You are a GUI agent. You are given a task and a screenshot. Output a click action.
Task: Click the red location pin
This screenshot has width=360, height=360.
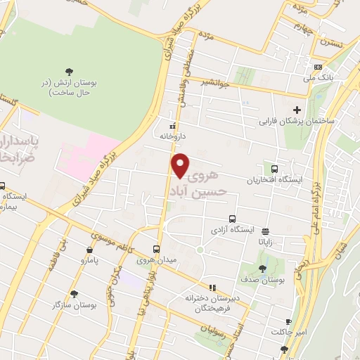pos(181,165)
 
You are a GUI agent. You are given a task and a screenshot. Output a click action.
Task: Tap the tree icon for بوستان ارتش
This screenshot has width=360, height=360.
pos(69,71)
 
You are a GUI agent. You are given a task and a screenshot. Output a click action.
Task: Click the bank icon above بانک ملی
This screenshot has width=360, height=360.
pos(319,67)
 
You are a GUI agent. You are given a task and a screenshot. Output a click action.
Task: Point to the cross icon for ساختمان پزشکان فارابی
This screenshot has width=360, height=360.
pos(297,109)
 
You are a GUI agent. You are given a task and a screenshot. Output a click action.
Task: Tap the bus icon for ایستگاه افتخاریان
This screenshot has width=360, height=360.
pos(274,169)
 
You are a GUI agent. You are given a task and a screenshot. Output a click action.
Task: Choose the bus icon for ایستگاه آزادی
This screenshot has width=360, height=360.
pos(232,219)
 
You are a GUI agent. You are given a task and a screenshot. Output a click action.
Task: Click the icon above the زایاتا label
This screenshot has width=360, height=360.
pos(265,231)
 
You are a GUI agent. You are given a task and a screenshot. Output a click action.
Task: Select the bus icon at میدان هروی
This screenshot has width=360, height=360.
pos(157,248)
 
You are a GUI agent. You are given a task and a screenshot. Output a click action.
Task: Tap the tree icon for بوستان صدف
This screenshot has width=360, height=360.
pos(263,268)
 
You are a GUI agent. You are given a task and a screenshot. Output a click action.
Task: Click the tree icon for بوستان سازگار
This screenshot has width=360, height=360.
pos(74,294)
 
